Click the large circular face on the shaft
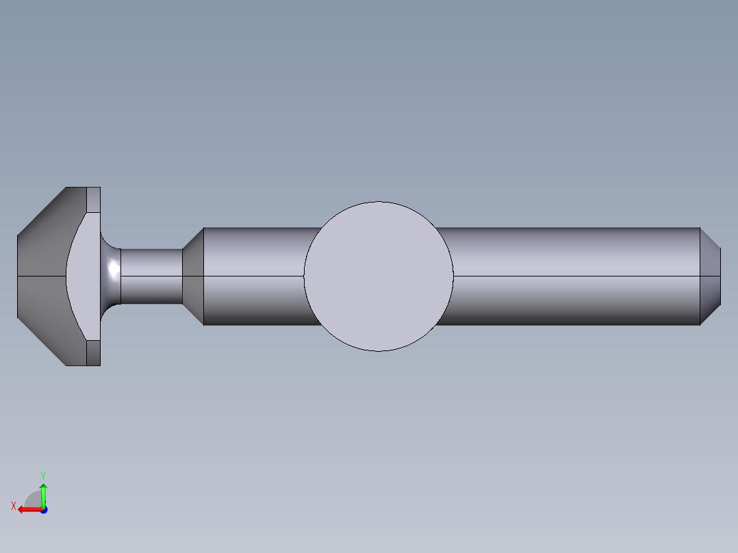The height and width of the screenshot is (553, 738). pos(379,276)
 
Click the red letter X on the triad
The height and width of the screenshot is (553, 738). pos(14,506)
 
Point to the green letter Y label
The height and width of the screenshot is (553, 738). pos(43,475)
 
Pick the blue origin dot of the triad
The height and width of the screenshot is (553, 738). pos(43,510)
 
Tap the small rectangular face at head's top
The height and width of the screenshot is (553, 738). pos(94,198)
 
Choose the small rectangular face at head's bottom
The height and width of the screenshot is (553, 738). pos(94,353)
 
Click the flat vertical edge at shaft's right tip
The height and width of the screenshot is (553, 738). pos(721,276)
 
